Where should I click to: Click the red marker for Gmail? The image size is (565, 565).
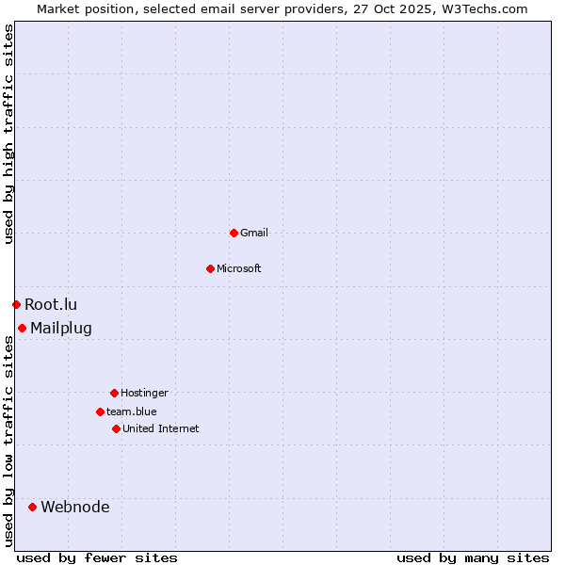click(x=234, y=233)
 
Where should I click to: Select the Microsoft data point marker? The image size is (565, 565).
click(x=210, y=268)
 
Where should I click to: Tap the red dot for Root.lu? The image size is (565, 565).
click(x=16, y=304)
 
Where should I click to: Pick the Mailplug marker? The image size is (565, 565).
click(x=22, y=328)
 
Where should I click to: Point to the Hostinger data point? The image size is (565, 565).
click(x=114, y=393)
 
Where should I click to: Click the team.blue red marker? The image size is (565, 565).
click(x=100, y=412)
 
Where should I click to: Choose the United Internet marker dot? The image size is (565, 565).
click(x=116, y=428)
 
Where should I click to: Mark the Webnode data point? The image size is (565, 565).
click(x=32, y=507)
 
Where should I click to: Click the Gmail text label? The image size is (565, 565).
click(x=254, y=233)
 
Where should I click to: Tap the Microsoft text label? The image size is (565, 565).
click(x=239, y=268)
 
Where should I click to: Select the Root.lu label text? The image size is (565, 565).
click(x=51, y=304)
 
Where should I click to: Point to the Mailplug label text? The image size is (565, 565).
click(x=61, y=328)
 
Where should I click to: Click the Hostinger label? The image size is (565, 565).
click(x=144, y=393)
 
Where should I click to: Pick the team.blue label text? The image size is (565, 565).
click(x=132, y=412)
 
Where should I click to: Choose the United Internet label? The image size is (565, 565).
click(x=161, y=428)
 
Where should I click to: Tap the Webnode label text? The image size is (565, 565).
click(x=75, y=507)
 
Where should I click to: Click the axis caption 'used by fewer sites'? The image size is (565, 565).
click(x=97, y=557)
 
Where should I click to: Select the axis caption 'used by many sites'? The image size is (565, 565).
click(x=473, y=557)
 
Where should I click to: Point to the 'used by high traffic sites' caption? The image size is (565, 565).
click(x=8, y=134)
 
